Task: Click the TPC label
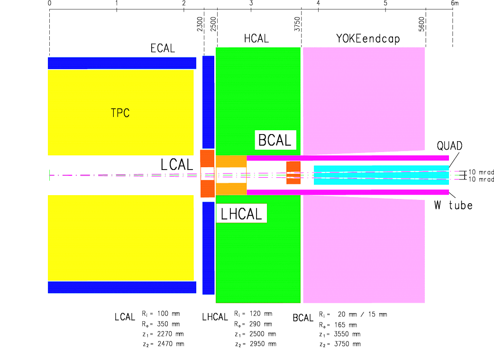point(120,113)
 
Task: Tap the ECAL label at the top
point(163,48)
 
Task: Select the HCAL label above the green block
point(256,39)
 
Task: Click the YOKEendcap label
point(368,39)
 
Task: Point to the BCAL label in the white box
point(274,140)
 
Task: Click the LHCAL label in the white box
point(241,214)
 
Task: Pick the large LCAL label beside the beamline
point(177,164)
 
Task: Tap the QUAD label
point(449,146)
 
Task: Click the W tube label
point(453,205)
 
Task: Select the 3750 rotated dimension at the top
point(297,24)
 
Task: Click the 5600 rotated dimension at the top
point(421,24)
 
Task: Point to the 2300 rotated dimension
point(200,24)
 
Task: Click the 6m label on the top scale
point(455,3)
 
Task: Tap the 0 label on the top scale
point(49,3)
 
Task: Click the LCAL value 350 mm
point(169,324)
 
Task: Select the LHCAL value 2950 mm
point(263,344)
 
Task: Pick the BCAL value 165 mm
point(346,324)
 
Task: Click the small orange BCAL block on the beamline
point(293,173)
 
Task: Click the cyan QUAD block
point(381,175)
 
